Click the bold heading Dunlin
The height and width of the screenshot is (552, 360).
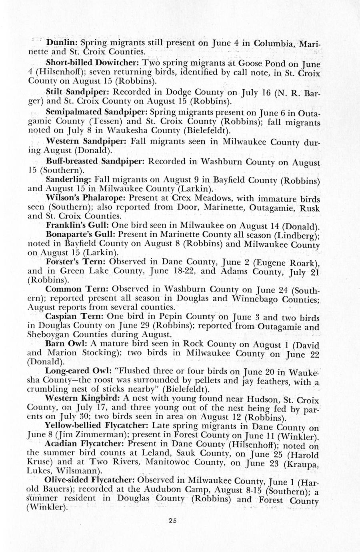pyautogui.click(x=62, y=42)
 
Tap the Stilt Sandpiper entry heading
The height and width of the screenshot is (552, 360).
pyautogui.click(x=75, y=92)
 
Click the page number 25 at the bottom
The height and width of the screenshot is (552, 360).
pyautogui.click(x=172, y=520)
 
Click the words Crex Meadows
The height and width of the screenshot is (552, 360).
pyautogui.click(x=203, y=198)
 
